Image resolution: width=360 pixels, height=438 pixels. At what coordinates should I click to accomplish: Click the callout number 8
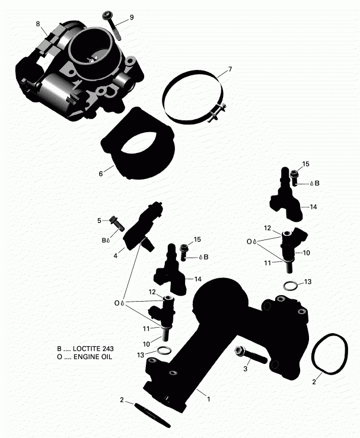coord(38,24)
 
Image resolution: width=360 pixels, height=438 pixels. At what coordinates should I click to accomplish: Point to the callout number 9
coord(132,17)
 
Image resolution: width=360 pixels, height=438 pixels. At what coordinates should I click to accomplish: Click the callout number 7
coord(230,69)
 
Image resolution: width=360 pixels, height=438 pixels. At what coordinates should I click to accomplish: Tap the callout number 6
coord(101,174)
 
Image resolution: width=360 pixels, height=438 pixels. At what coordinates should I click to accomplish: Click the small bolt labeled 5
coord(116,223)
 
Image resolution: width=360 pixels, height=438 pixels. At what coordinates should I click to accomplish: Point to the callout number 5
coord(100,221)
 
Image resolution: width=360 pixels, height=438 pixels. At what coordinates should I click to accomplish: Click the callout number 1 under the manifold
coord(208,399)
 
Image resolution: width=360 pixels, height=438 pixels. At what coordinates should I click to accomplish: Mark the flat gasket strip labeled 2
coord(152,414)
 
